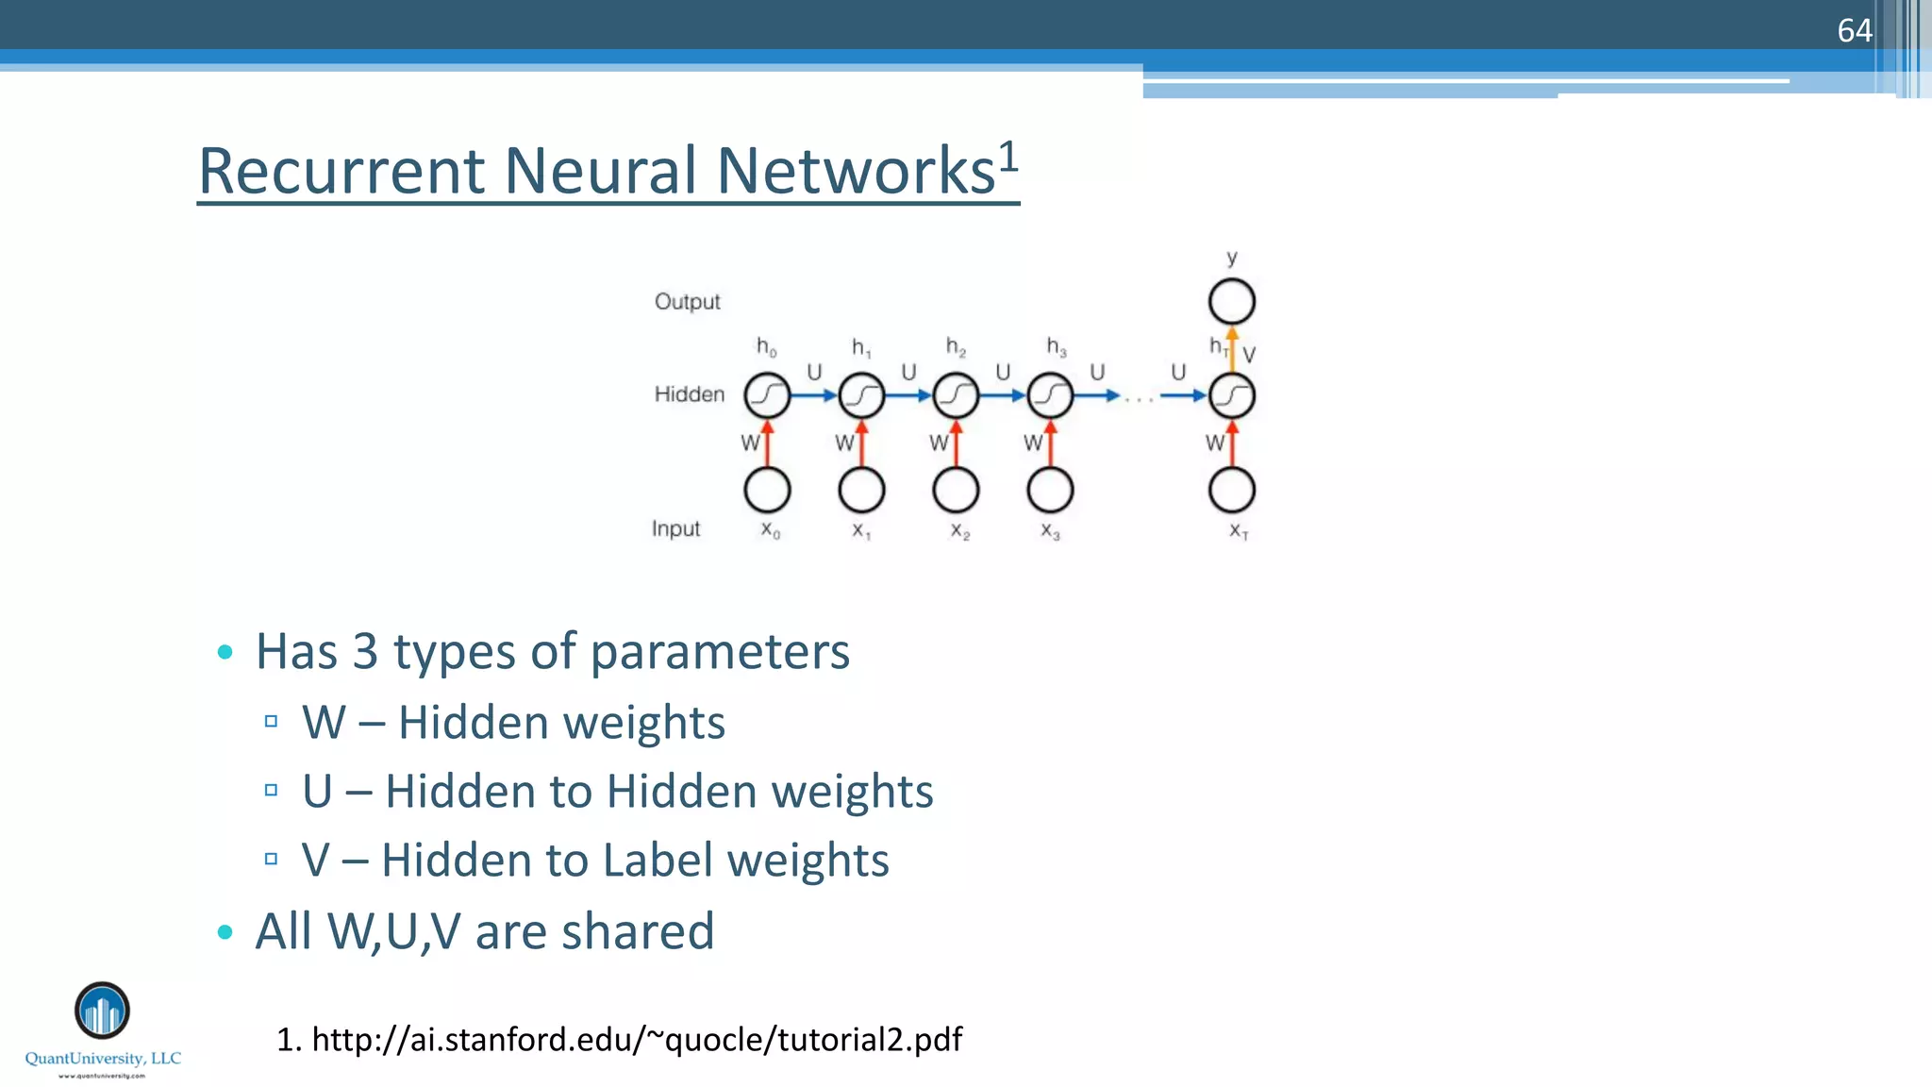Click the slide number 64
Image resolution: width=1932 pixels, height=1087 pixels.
click(1854, 31)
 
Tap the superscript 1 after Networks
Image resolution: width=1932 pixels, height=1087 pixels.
click(1008, 156)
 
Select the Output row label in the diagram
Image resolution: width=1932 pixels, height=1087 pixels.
click(687, 302)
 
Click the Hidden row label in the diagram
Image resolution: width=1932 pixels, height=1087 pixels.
click(690, 394)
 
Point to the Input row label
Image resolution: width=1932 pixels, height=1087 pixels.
click(675, 528)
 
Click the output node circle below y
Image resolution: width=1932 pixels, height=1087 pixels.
click(1231, 302)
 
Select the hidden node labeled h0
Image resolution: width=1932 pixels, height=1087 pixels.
click(767, 395)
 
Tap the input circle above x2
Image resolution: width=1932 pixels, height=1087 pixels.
click(956, 490)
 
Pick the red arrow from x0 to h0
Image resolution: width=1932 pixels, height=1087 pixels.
click(767, 443)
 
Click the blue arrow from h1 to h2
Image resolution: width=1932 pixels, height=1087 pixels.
click(908, 395)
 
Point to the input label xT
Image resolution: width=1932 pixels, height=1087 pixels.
click(1238, 531)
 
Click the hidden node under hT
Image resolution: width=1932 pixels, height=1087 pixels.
click(1231, 395)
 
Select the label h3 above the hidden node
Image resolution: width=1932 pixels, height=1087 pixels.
click(1056, 347)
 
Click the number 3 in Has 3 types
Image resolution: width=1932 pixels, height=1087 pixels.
click(365, 652)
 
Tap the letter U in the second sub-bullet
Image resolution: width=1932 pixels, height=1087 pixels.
click(317, 791)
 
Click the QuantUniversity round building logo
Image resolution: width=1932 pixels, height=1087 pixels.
click(102, 1011)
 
